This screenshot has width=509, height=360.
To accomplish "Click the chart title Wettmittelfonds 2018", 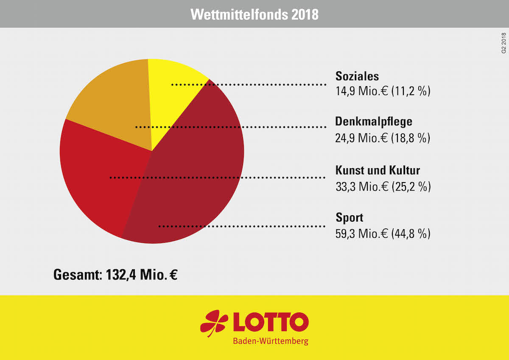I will (x=255, y=14).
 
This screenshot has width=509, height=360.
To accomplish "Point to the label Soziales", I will (x=357, y=76).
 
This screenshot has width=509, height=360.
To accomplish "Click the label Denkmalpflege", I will (x=374, y=121).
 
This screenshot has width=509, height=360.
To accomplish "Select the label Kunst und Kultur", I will (x=378, y=171).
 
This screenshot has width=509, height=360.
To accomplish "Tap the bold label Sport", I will (x=350, y=218).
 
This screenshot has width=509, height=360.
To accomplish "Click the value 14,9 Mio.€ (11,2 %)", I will (x=383, y=91).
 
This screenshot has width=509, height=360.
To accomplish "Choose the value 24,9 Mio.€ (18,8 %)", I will (x=383, y=138).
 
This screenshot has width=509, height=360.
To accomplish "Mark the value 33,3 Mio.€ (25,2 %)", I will (x=383, y=186).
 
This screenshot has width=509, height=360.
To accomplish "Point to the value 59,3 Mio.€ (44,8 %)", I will (x=383, y=233).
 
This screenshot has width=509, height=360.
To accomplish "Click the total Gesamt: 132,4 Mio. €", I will (x=115, y=275).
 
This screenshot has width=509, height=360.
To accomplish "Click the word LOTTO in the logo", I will (x=270, y=323).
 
